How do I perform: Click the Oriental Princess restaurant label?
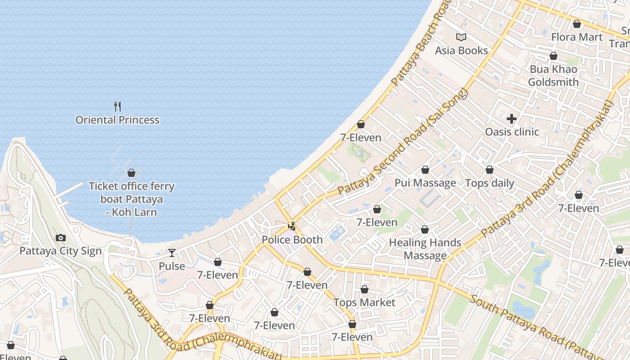(117, 120)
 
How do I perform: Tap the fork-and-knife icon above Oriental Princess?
(117, 107)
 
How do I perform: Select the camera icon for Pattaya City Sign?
(61, 238)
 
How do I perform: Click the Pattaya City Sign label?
(61, 251)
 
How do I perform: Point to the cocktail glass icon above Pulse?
(171, 253)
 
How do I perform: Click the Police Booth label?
(292, 240)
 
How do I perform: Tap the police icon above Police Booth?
(292, 226)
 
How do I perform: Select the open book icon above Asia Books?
(461, 37)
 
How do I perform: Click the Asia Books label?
(461, 50)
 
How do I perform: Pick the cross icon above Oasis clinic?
(512, 119)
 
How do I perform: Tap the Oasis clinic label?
(512, 132)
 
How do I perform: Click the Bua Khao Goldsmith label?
(553, 76)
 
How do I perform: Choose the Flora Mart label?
(576, 37)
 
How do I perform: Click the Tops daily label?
(490, 183)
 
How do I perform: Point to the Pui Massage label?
(425, 183)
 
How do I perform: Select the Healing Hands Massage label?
(425, 249)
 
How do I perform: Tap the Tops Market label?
(364, 302)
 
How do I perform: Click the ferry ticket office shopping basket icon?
(131, 173)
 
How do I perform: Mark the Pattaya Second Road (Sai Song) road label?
(403, 142)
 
